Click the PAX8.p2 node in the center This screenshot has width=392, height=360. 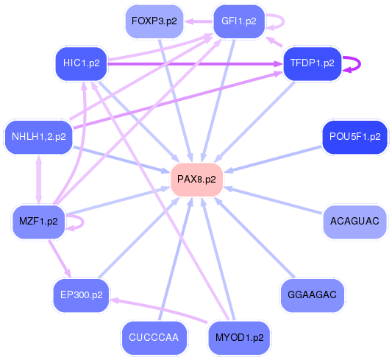tap(196, 179)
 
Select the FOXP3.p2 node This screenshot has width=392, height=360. tap(154, 21)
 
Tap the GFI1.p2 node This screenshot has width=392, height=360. tap(238, 21)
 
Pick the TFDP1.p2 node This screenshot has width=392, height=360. tap(313, 63)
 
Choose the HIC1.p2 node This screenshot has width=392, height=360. tap(81, 63)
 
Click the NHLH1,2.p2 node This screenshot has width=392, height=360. tap(38, 136)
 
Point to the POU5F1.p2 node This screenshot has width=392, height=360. tap(354, 136)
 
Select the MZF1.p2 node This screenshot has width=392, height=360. tap(38, 220)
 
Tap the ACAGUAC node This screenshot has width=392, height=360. tap(354, 220)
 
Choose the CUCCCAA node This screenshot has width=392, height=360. tap(154, 337)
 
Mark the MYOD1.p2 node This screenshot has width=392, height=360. tap(239, 337)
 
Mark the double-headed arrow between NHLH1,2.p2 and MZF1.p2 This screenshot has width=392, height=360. tap(38, 178)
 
